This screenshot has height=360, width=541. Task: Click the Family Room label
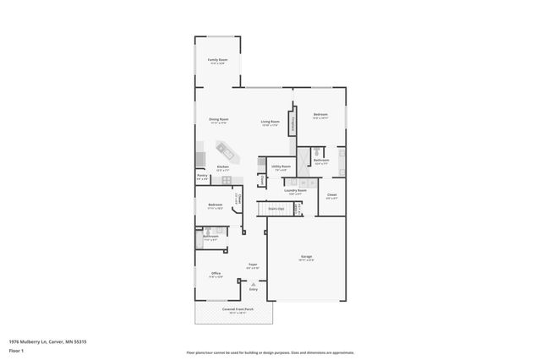coord(218,60)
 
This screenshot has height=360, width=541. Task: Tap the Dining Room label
coord(220,120)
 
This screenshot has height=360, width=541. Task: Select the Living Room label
coord(270,123)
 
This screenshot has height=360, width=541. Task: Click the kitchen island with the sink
coord(227,152)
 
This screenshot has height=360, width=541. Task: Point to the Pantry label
coord(202,178)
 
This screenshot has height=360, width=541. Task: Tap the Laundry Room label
coord(295,192)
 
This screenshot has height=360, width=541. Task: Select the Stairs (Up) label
coord(276,208)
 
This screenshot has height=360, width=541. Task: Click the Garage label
coord(307,257)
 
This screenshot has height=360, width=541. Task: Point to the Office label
coord(216,274)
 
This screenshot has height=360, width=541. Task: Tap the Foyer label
coord(252,265)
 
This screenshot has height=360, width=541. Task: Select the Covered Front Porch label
coord(234,310)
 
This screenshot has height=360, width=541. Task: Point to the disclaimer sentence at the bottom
coord(270,352)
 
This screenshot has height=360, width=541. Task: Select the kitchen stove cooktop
coord(200,159)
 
